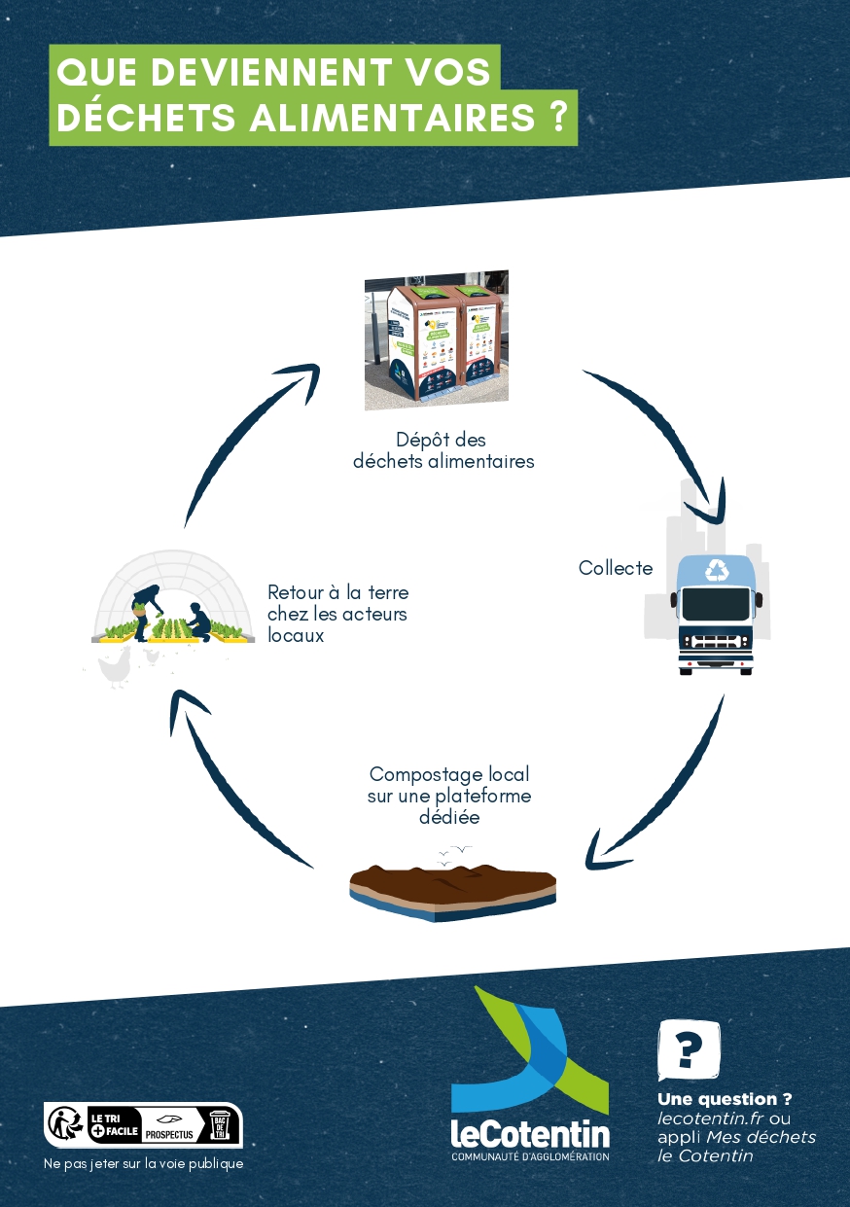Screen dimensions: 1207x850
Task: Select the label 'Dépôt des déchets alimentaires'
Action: point(443,450)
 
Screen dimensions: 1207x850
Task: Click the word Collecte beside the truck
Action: point(616,568)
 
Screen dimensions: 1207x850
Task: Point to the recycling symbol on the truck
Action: point(718,570)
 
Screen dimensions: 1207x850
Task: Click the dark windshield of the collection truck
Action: point(717,604)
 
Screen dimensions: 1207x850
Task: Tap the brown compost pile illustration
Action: point(453,885)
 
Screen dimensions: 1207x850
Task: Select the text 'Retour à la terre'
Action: point(337,592)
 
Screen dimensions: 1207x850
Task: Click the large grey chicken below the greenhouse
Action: point(115,667)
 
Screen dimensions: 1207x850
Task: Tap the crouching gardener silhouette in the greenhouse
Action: point(198,621)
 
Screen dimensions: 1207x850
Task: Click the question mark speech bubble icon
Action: point(689,1048)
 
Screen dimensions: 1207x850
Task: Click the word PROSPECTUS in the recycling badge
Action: point(169,1135)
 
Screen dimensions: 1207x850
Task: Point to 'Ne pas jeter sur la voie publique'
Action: point(144,1163)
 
